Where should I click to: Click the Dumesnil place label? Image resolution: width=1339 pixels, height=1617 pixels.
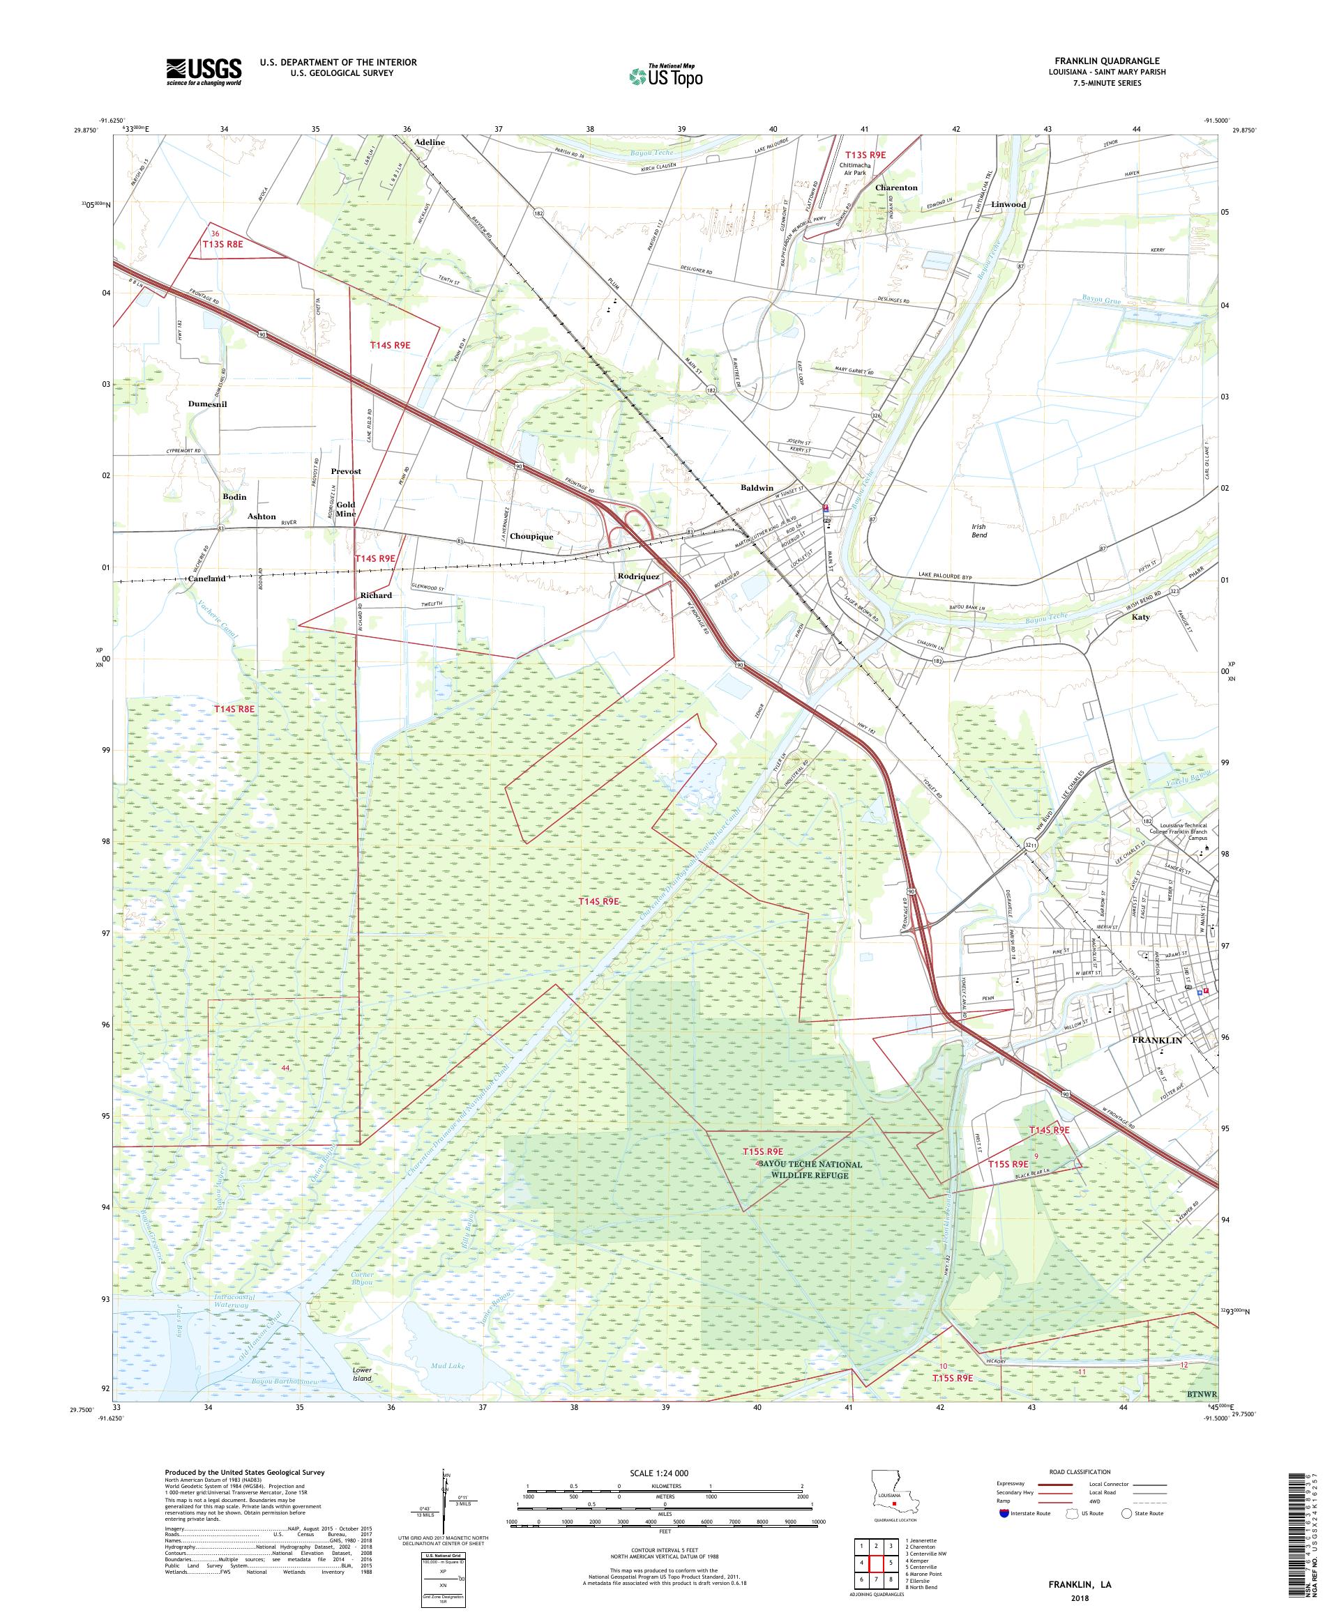(x=207, y=404)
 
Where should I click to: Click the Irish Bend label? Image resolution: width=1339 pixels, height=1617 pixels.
(x=979, y=530)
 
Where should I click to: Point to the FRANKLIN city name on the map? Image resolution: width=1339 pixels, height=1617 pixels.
(x=1156, y=1039)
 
